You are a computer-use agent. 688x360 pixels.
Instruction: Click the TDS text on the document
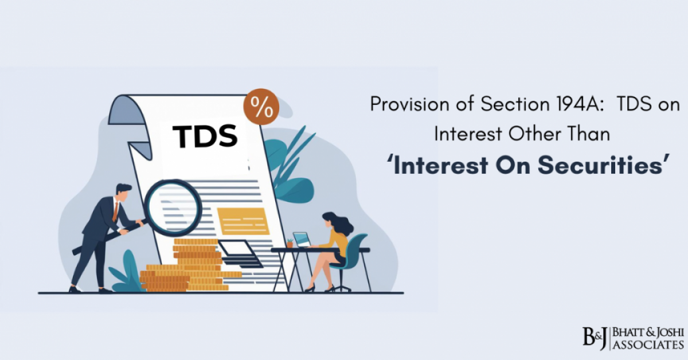[x=205, y=136]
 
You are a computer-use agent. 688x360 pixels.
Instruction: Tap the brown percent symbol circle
[x=261, y=107]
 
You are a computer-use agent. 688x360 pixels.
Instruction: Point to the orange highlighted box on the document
[x=243, y=221]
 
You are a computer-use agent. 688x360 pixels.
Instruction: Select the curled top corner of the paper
[x=124, y=109]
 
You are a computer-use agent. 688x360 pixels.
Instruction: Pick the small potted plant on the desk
[x=290, y=243]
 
